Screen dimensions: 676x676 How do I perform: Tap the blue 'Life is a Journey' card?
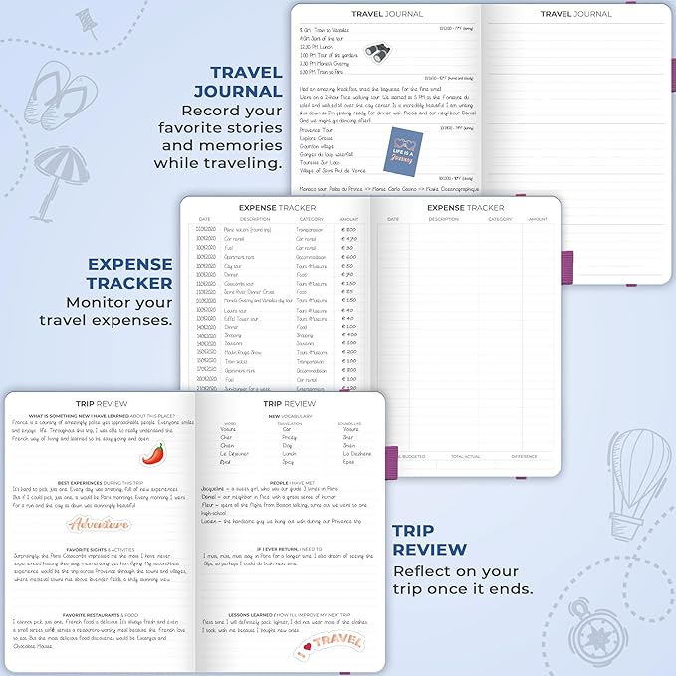pyautogui.click(x=401, y=154)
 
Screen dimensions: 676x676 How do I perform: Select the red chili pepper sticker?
pyautogui.click(x=151, y=453)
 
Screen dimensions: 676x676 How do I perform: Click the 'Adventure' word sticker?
pyautogui.click(x=99, y=523)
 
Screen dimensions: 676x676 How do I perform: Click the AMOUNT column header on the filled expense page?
pyautogui.click(x=348, y=219)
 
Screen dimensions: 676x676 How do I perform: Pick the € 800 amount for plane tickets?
pyautogui.click(x=348, y=230)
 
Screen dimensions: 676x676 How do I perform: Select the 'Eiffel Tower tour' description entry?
pyautogui.click(x=244, y=318)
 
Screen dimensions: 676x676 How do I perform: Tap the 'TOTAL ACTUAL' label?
pyautogui.click(x=465, y=456)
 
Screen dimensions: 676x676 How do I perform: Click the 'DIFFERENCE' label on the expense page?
pyautogui.click(x=524, y=456)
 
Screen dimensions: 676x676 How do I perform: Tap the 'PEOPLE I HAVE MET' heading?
pyautogui.click(x=287, y=482)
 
